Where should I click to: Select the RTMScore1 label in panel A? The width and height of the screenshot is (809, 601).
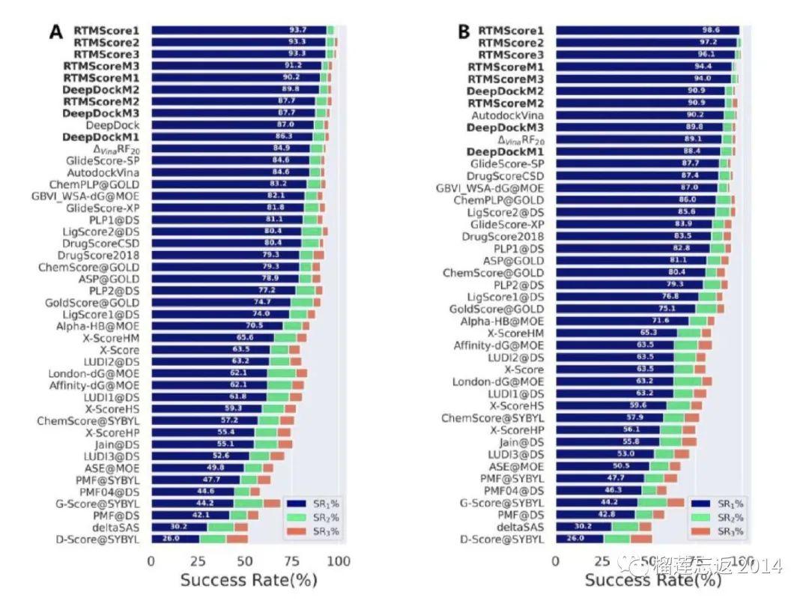pyautogui.click(x=106, y=30)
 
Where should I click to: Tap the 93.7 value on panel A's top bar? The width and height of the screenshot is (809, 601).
pyautogui.click(x=298, y=30)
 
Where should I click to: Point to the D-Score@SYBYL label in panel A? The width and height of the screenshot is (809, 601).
pyautogui.click(x=97, y=539)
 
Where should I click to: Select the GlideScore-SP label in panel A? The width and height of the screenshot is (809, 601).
pyautogui.click(x=103, y=160)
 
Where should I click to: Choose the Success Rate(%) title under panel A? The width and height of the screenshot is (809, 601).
pyautogui.click(x=249, y=581)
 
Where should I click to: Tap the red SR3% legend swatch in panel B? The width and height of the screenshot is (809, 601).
pyautogui.click(x=701, y=531)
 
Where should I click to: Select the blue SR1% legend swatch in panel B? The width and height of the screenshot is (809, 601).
pyautogui.click(x=701, y=504)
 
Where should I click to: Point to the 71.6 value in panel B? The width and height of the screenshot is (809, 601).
pyautogui.click(x=670, y=321)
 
